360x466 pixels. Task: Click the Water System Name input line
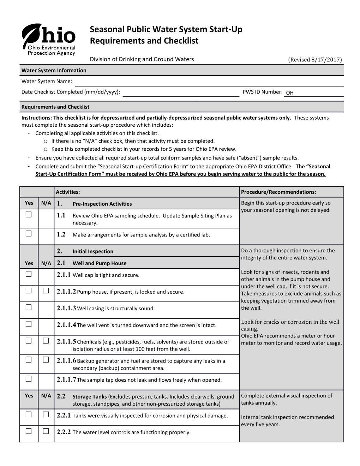[209, 82]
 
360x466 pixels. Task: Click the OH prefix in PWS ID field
[290, 93]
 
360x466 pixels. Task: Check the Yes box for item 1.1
[29, 215]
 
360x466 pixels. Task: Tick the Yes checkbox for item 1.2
[29, 233]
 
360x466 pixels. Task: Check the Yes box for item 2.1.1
[29, 274]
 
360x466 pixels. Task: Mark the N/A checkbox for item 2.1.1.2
[46, 291]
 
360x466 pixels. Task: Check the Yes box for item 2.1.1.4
[29, 324]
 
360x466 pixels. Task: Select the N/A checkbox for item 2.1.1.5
[46, 341]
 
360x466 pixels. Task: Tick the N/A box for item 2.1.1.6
[46, 360]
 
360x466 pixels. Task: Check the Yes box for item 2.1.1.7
[29, 379]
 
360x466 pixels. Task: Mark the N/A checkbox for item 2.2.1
[46, 414]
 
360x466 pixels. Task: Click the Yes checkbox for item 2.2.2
[29, 431]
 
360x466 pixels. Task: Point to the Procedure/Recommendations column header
[278, 192]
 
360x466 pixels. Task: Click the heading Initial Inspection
[93, 251]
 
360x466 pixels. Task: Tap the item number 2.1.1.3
[66, 308]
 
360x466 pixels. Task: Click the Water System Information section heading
[54, 70]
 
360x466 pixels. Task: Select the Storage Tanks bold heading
[90, 397]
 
